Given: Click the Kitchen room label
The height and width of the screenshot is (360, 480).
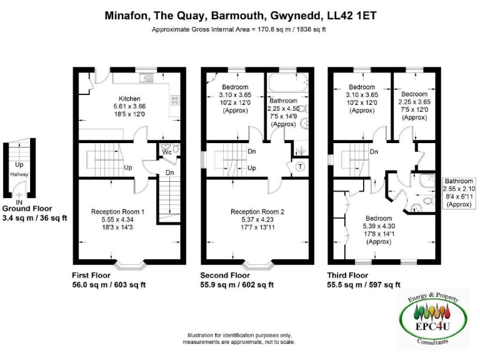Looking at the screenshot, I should pyautogui.click(x=129, y=99).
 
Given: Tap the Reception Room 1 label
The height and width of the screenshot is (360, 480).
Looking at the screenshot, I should pyautogui.click(x=117, y=212).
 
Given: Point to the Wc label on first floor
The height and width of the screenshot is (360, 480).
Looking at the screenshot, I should pyautogui.click(x=167, y=152).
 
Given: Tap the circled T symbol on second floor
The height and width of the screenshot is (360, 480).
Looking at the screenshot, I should pyautogui.click(x=300, y=166).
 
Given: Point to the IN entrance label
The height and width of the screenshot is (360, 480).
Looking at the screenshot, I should pyautogui.click(x=19, y=202).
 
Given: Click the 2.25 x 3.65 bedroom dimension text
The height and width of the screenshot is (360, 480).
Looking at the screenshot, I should pyautogui.click(x=414, y=102).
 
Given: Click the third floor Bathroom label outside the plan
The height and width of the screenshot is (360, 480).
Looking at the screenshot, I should pyautogui.click(x=459, y=181).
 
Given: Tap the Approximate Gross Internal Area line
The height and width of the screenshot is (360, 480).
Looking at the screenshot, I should pyautogui.click(x=240, y=29).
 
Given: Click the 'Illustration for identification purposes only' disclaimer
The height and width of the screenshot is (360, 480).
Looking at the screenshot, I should pyautogui.click(x=239, y=336).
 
